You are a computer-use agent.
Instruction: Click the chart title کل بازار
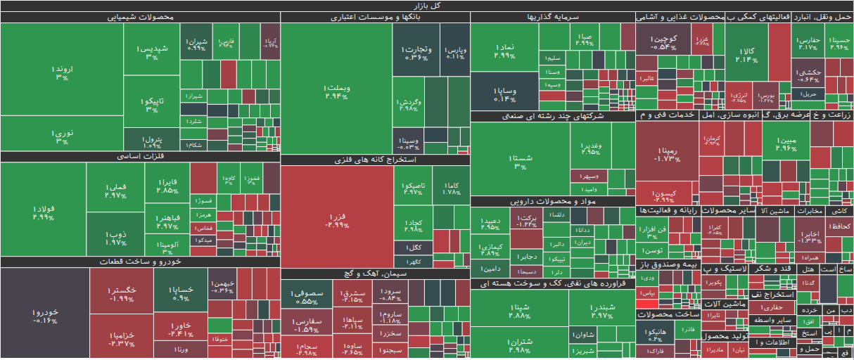point(427,6)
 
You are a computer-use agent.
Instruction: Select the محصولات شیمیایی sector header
point(140,17)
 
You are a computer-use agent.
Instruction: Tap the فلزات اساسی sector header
point(140,157)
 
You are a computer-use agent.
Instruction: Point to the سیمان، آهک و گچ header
point(375,274)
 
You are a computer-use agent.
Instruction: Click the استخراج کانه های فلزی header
point(375,160)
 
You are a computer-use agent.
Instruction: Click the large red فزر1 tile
point(336,218)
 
